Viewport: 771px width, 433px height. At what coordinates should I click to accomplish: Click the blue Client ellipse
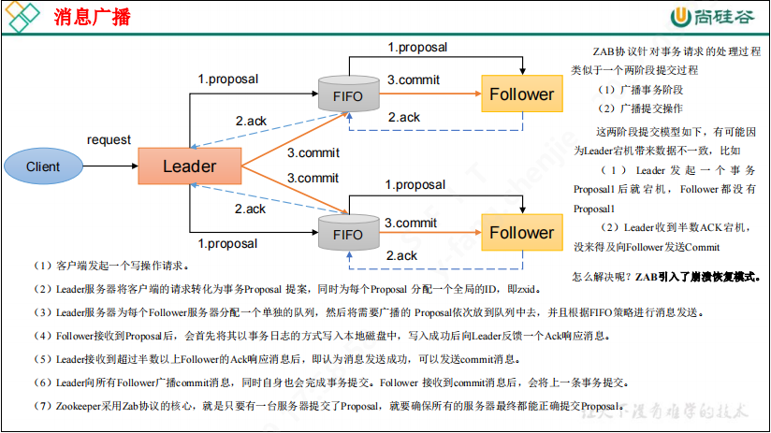click(43, 166)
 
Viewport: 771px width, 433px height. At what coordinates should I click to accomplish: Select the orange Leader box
click(189, 166)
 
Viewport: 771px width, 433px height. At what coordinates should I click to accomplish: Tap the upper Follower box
click(521, 94)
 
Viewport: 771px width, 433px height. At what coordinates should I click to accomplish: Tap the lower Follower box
click(521, 233)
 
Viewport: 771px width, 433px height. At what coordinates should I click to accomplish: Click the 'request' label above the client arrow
click(109, 140)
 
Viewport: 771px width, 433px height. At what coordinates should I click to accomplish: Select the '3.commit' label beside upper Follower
click(413, 80)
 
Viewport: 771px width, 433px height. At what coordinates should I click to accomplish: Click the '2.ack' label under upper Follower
click(403, 117)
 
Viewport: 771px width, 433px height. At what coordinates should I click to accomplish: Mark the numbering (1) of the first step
click(42, 266)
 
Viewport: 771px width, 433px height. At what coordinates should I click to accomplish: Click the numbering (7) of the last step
click(42, 406)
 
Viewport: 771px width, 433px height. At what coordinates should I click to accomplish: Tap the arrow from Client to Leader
click(109, 166)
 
